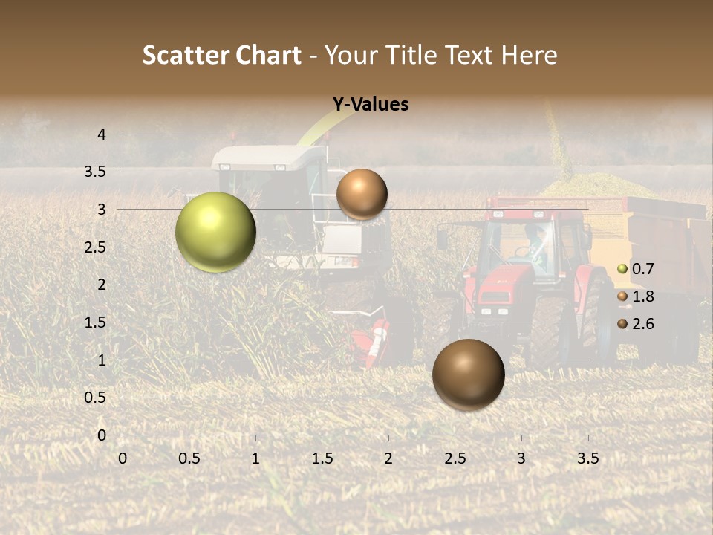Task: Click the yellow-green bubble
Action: (x=215, y=232)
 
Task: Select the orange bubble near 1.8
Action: (x=362, y=194)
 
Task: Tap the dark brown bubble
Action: (x=468, y=374)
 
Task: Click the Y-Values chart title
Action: (x=370, y=105)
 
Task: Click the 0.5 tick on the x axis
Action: (x=189, y=458)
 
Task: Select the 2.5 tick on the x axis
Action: (x=455, y=458)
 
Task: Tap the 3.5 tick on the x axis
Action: (x=587, y=458)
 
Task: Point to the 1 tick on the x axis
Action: (x=255, y=458)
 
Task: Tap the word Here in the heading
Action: (x=528, y=55)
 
